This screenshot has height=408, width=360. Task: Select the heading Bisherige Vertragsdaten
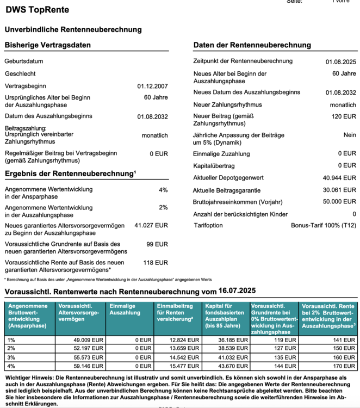pos(48,45)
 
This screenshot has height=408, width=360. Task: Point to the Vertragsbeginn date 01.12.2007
pos(152,86)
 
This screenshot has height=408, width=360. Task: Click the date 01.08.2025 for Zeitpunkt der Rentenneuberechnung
pos(341,62)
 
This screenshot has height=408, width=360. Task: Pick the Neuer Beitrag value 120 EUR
pos(344,116)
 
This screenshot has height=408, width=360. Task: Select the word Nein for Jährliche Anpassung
pos(350,134)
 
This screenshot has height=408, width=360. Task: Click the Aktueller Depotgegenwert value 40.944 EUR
pos(339,177)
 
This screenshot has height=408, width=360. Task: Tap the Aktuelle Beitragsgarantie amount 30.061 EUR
pos(339,190)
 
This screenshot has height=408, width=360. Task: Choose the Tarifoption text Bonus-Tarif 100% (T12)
pos(324,225)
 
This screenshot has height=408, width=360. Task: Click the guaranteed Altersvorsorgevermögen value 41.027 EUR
pos(151,225)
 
